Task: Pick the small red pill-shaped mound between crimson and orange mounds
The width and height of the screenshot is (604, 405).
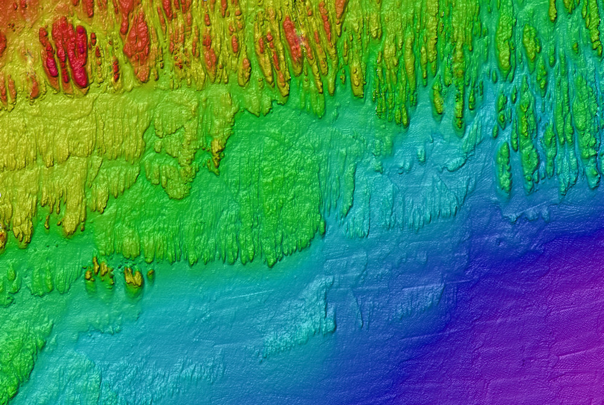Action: pos(115,69)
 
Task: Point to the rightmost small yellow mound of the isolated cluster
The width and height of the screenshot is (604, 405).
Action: pos(150,274)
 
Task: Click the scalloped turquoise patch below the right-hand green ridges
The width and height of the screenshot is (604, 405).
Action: pos(519,212)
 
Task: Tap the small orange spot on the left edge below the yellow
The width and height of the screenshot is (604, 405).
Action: pos(2,236)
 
